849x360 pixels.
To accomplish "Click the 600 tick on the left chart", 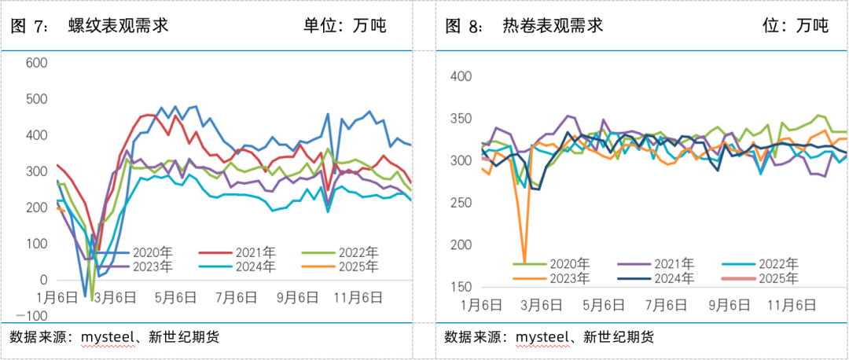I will pyautogui.click(x=37, y=63).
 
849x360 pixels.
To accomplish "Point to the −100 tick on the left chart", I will pyautogui.click(x=34, y=316).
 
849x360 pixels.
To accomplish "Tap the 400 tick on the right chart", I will pyautogui.click(x=460, y=76).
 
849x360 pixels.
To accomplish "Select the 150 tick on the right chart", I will pyautogui.click(x=460, y=287).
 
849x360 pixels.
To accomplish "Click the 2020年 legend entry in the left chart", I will pyautogui.click(x=152, y=253).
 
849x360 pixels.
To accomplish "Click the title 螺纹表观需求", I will pyautogui.click(x=118, y=26).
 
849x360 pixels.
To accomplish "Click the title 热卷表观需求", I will pyautogui.click(x=552, y=26).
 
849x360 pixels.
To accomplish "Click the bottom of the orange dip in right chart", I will pyautogui.click(x=524, y=263).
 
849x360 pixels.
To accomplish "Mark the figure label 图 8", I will pyautogui.click(x=463, y=26).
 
